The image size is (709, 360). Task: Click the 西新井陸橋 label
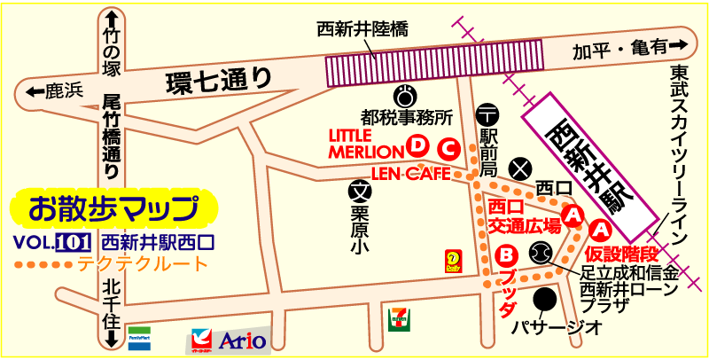362,29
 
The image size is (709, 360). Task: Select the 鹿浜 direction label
54,90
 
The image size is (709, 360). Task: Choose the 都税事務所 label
407,116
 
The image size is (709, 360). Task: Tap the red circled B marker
507,255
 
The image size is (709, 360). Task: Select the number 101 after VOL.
74,242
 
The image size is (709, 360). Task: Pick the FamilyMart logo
139,338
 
